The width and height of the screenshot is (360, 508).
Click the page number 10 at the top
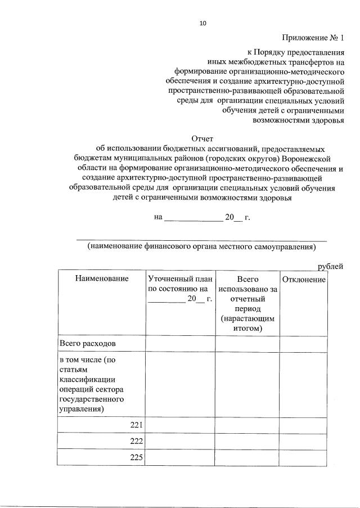point(203,23)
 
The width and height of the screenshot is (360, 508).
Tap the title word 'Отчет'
point(202,138)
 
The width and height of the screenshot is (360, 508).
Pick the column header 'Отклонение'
point(304,280)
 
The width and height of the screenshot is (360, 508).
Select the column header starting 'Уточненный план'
point(180,289)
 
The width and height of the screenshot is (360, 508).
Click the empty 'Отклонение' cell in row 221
point(304,425)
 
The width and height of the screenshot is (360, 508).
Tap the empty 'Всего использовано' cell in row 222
point(248,441)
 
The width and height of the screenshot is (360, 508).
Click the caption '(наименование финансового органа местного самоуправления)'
point(201,246)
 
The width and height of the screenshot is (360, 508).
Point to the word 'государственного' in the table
point(91,399)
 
